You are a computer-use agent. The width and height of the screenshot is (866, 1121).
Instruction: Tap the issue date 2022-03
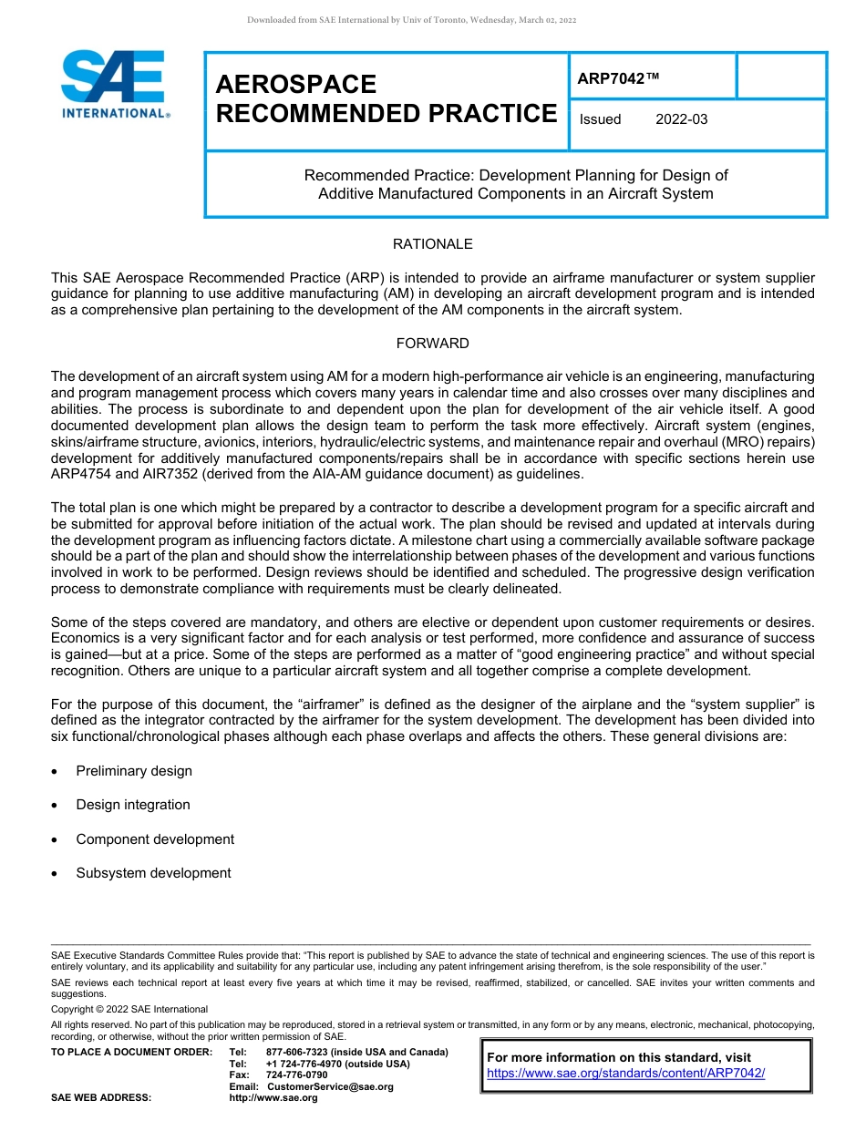[681, 119]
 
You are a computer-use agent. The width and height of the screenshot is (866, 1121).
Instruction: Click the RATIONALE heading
[432, 244]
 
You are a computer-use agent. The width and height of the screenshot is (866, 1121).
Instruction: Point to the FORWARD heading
[432, 344]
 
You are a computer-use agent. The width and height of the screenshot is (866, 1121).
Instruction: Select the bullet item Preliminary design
[134, 771]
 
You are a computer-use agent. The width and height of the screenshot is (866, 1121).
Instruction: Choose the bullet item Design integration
[133, 805]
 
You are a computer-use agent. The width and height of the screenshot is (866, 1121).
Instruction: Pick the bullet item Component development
[155, 839]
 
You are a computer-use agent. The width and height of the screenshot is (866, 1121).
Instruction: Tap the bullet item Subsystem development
[153, 873]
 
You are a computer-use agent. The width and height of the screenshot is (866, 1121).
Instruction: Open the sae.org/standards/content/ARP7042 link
[625, 1073]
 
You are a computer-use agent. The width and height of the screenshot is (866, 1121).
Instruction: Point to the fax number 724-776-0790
[297, 1075]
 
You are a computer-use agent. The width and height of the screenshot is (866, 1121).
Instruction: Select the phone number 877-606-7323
[298, 1052]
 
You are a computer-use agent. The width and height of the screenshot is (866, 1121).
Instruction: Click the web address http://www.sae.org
[273, 1097]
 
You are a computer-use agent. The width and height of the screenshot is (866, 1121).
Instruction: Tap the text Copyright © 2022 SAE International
[129, 1009]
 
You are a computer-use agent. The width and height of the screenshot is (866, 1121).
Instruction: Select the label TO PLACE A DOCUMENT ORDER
[131, 1052]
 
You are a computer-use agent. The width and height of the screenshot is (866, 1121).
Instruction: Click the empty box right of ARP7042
[780, 76]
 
